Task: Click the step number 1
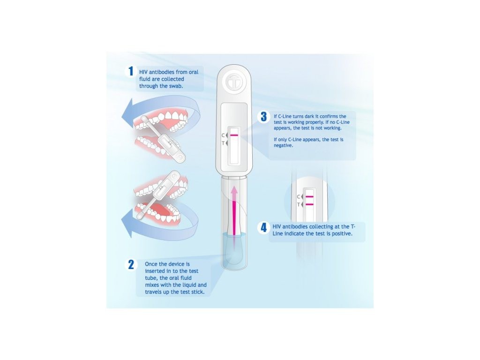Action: click(131, 71)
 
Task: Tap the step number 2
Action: click(131, 264)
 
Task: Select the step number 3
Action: click(263, 117)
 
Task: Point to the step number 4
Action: click(263, 227)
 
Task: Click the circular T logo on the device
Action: click(234, 82)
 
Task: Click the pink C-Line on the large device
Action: click(234, 135)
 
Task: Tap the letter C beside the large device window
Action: click(224, 135)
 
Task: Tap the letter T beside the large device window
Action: click(224, 143)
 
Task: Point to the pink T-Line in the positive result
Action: click(309, 204)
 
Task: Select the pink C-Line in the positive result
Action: click(309, 196)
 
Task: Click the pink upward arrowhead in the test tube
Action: click(234, 191)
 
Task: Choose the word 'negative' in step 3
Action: click(284, 146)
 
